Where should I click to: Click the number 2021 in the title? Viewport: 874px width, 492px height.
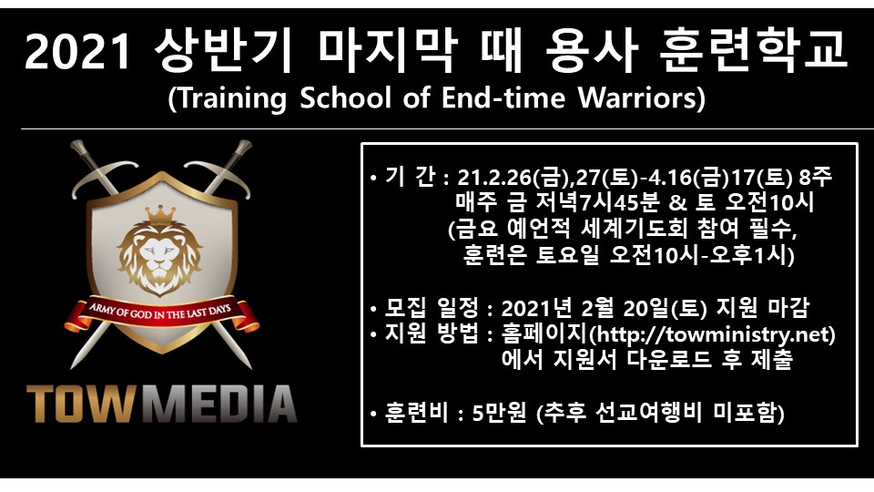[76, 52]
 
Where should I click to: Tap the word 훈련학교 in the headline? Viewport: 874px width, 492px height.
[753, 51]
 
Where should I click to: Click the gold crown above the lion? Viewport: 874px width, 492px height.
[160, 215]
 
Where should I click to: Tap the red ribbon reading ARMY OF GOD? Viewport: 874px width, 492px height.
[162, 315]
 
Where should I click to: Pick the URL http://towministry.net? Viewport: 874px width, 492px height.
[713, 334]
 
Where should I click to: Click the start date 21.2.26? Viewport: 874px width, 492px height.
[494, 178]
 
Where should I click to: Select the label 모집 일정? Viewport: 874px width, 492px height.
[431, 307]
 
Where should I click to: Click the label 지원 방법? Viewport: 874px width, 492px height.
[431, 334]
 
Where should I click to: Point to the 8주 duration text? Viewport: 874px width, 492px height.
[815, 178]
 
